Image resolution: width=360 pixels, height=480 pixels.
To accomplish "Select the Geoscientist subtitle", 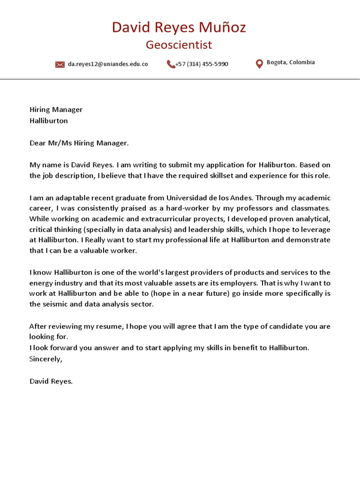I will tap(179, 45).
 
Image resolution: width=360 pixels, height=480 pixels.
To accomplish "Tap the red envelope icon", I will tap(60, 64).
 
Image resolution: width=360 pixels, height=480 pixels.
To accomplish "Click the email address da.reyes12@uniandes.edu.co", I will tap(108, 64).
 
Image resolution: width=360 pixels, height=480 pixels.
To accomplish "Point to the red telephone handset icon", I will tap(171, 64).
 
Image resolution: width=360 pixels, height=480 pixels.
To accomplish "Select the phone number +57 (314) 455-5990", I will tap(202, 64).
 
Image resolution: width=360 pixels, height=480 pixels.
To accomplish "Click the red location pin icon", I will tap(259, 64).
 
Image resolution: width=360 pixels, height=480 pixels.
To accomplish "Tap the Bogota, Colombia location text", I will tap(291, 62).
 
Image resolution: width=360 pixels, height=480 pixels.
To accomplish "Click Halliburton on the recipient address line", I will tap(49, 120).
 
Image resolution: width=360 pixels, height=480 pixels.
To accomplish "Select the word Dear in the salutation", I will tap(37, 143).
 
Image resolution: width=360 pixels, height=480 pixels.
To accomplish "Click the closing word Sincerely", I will tap(45, 359).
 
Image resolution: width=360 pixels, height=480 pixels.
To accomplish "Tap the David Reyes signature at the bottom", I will tap(51, 381).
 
